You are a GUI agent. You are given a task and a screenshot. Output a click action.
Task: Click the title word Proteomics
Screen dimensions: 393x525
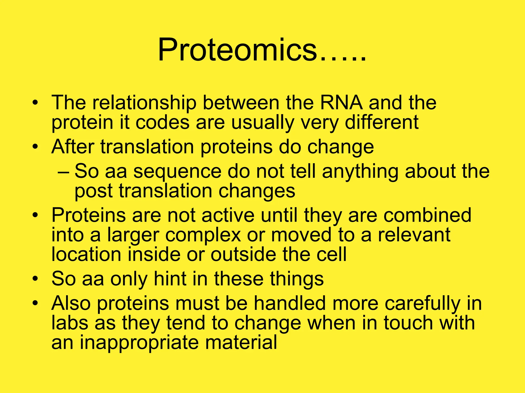(237, 50)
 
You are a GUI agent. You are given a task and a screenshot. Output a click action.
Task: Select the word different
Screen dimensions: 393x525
(382, 122)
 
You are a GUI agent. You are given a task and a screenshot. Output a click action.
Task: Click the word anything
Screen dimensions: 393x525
(360, 171)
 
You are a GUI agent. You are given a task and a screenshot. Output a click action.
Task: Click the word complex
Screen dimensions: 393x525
(203, 235)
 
